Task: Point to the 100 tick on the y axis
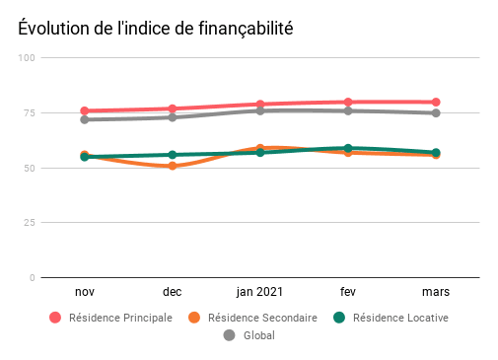tap(27, 58)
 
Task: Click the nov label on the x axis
tap(85, 293)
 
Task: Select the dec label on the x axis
tap(173, 293)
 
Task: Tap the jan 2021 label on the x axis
tap(260, 293)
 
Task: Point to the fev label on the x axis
tap(348, 293)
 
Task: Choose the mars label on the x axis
tap(435, 293)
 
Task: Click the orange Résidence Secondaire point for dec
tap(173, 166)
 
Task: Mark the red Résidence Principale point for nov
tap(85, 110)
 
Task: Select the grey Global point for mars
tap(435, 113)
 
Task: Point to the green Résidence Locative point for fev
tap(348, 148)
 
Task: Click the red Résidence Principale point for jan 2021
tap(260, 104)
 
